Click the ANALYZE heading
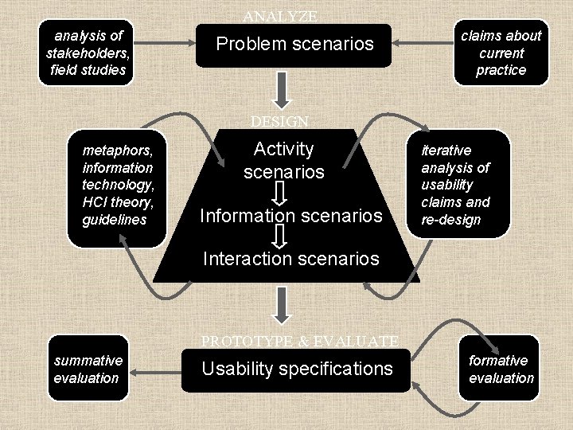[x=280, y=16]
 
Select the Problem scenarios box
[x=294, y=45]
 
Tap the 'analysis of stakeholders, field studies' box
[x=86, y=53]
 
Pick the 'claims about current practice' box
[x=501, y=53]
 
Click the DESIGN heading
[x=279, y=121]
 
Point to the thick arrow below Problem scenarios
[x=282, y=91]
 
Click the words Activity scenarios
[x=284, y=160]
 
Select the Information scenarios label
[x=291, y=215]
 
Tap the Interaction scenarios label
[x=291, y=259]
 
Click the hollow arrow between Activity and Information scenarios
[x=279, y=193]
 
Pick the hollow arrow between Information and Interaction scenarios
[x=279, y=236]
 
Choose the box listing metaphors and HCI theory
[x=117, y=188]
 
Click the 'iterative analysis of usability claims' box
[x=458, y=184]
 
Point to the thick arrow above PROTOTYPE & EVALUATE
[x=282, y=306]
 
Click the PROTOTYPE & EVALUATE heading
[x=300, y=341]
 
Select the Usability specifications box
[x=296, y=370]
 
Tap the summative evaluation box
[x=88, y=368]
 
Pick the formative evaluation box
[x=499, y=368]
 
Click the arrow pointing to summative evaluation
[x=155, y=373]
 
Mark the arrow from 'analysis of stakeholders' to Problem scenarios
[x=165, y=43]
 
